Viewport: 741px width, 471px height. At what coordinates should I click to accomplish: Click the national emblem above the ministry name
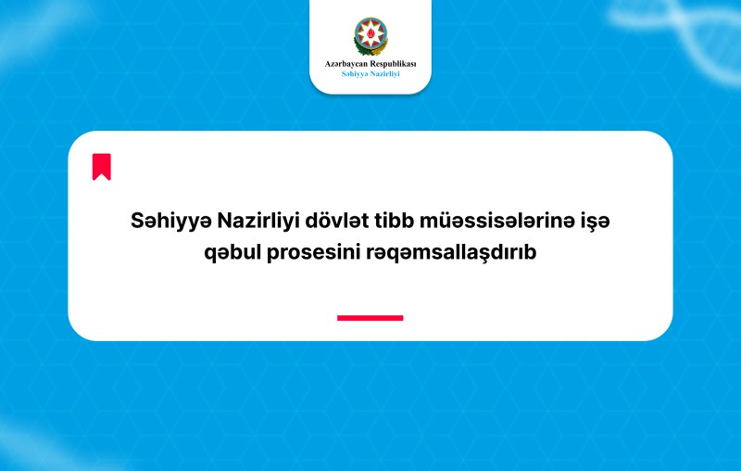(370, 36)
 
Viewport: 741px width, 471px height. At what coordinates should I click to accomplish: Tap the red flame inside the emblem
(370, 33)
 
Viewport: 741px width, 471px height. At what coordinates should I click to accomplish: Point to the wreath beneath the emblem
(370, 48)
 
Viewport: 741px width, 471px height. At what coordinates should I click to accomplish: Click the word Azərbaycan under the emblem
(345, 64)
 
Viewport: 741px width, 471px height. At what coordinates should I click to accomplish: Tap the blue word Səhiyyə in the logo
(354, 74)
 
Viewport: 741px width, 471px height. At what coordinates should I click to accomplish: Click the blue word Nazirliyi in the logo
(384, 74)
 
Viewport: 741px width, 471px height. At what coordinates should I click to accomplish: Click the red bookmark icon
(102, 167)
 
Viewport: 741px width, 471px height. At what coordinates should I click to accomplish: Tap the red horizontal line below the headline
(370, 318)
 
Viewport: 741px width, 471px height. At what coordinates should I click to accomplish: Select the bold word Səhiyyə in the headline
(171, 222)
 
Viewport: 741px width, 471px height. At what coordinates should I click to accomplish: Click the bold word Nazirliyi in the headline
(258, 221)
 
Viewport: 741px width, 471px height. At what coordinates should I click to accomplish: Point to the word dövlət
(337, 221)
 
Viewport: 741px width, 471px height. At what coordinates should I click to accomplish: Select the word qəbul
(232, 252)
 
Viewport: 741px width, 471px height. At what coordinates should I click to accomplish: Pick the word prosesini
(314, 252)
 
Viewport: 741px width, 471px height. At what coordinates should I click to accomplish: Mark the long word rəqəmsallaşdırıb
(451, 252)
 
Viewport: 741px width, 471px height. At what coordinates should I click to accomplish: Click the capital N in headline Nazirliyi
(224, 221)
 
